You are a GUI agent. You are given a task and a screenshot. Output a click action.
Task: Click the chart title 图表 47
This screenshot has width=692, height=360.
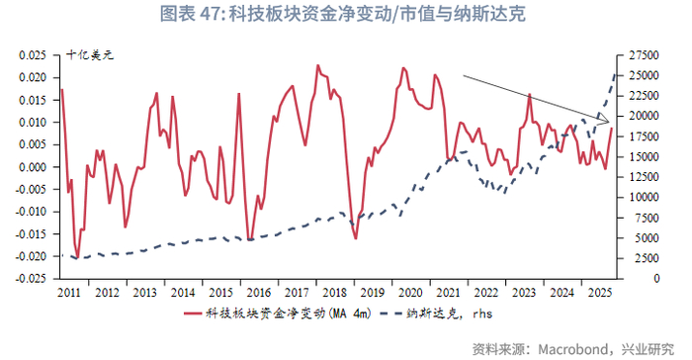pos(345,14)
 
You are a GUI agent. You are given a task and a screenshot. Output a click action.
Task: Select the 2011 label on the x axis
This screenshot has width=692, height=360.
pos(69,294)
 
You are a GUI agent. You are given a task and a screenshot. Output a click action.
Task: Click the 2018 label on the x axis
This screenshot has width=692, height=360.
pos(325,294)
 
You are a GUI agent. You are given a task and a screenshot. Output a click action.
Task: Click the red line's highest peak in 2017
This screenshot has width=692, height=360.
pos(317,66)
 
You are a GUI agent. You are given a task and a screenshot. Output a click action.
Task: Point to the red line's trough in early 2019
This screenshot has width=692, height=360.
pos(355,237)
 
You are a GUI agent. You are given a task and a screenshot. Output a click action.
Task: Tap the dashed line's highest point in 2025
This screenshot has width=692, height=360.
pos(618,71)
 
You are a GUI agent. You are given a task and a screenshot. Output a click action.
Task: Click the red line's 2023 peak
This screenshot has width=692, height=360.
pos(530,95)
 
